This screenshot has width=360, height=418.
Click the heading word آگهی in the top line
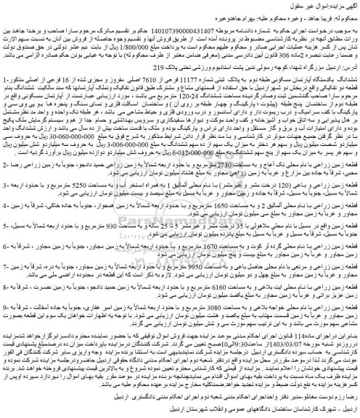click(x=346, y=5)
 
